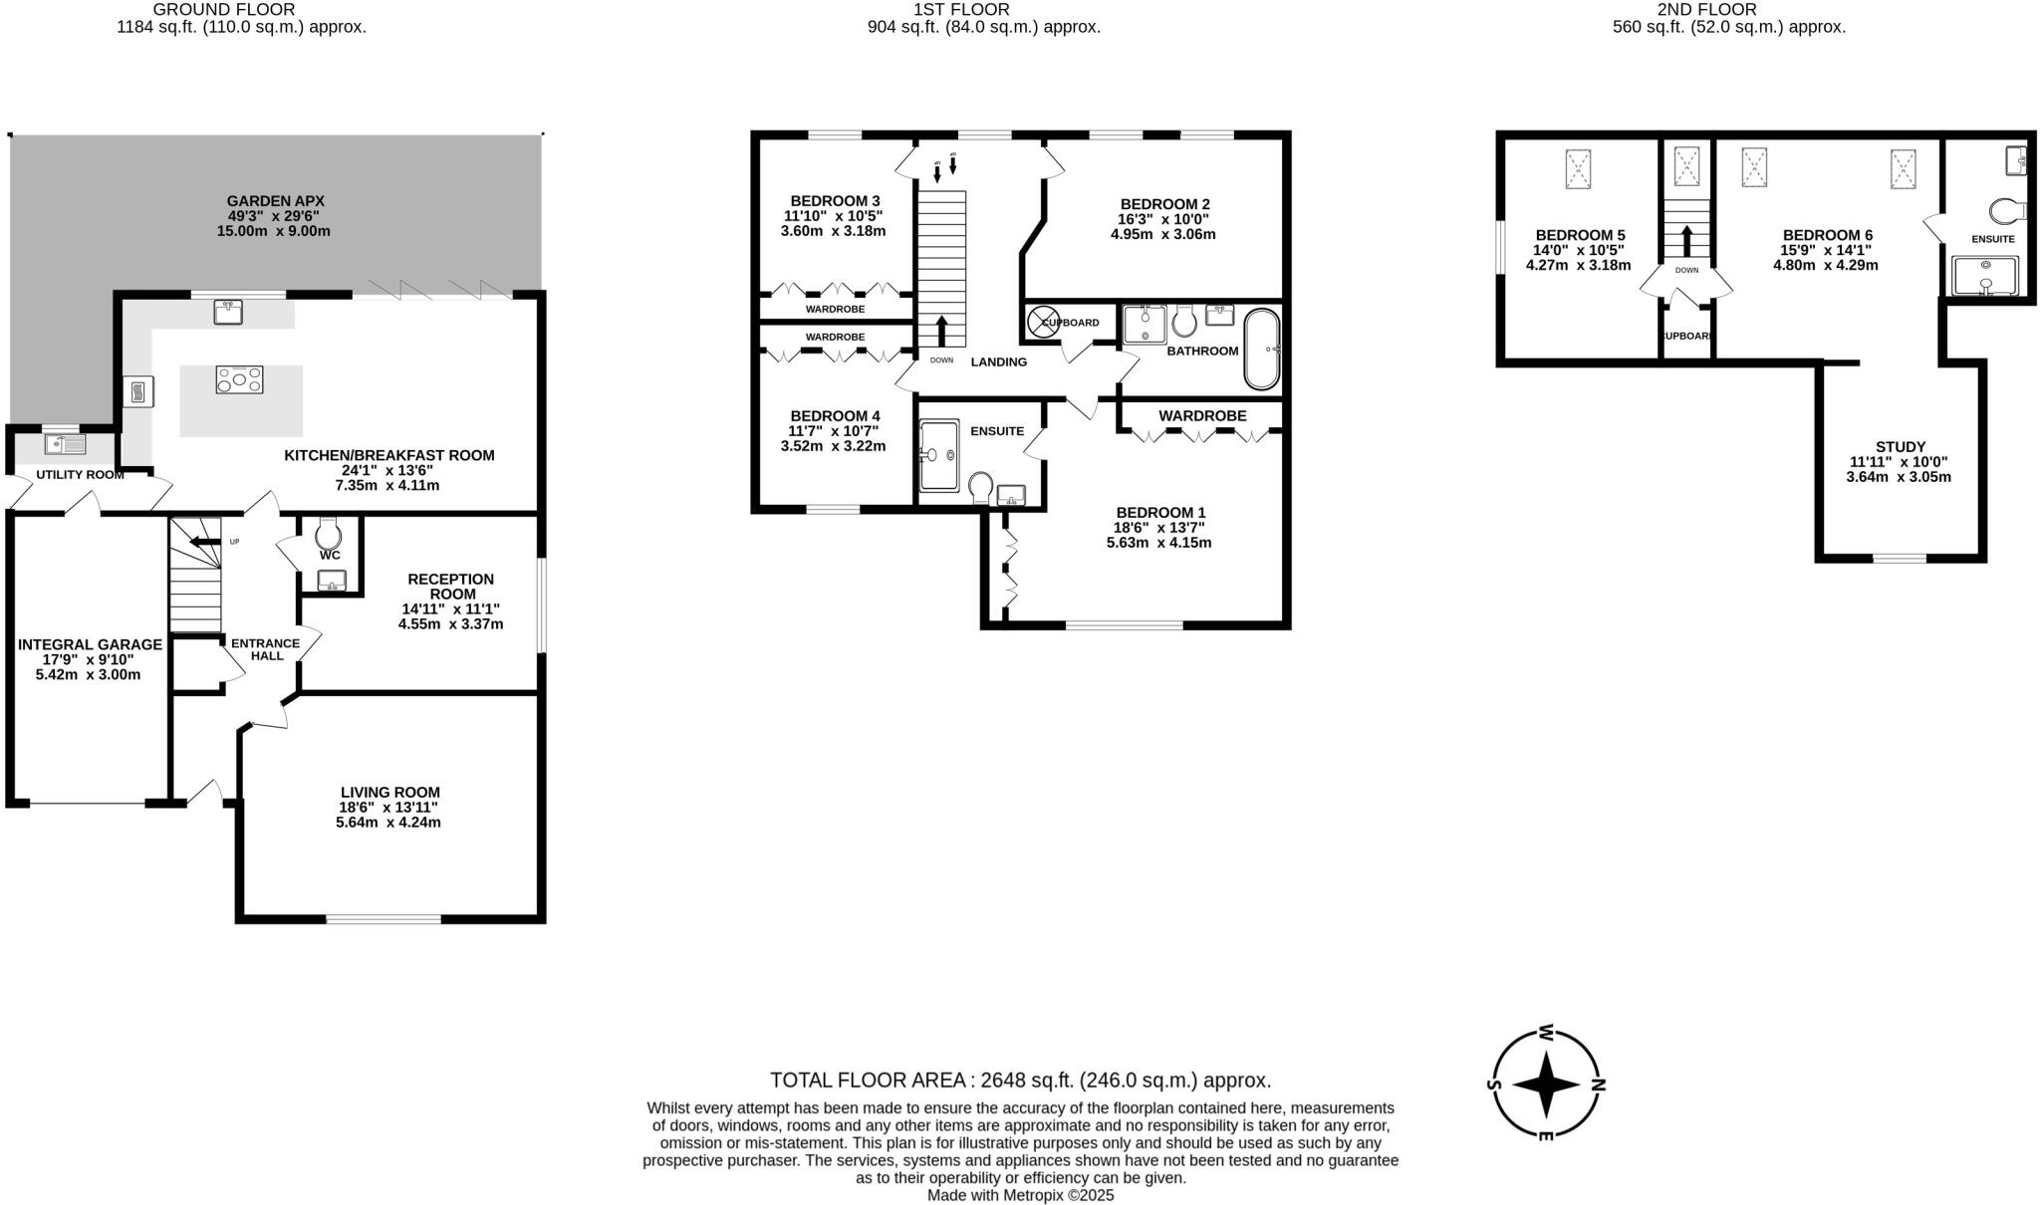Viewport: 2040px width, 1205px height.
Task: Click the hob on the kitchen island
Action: pos(240,379)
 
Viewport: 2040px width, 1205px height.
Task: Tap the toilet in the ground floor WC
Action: pos(328,533)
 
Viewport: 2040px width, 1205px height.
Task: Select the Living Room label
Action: pos(389,793)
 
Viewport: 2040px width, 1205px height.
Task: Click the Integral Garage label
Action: pos(90,645)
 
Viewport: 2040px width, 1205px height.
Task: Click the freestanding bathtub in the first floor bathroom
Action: pos(1261,349)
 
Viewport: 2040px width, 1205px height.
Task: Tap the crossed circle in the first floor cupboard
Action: pos(1043,322)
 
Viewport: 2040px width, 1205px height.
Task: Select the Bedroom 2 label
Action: pos(1163,204)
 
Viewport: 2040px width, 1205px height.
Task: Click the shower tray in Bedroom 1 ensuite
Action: pos(938,455)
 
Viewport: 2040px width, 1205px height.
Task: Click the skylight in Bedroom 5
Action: pos(1578,168)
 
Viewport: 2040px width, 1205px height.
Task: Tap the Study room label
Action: pos(1900,447)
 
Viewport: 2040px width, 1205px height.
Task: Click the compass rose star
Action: pos(1546,1084)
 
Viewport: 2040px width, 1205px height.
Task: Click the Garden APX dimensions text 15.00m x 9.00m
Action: pos(273,231)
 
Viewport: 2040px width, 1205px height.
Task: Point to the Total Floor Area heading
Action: pos(1020,1081)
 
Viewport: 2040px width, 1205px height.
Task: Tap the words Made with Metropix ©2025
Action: pos(1020,1195)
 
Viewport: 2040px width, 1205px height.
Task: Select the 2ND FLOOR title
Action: pos(1728,10)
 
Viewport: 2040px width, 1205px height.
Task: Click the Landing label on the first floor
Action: pos(998,362)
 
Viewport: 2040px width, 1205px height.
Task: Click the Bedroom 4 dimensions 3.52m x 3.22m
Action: pos(833,446)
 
